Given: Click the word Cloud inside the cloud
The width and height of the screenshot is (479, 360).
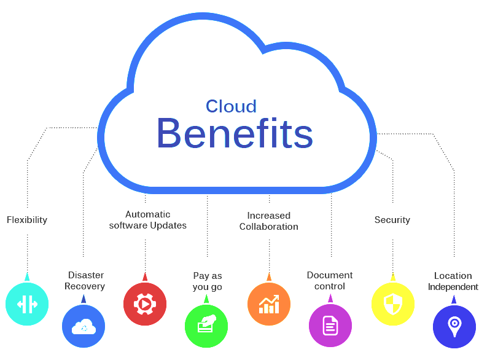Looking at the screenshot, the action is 231,106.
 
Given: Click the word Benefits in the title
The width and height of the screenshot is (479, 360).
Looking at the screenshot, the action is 235,133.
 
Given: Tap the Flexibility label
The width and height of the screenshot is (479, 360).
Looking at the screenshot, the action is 27,220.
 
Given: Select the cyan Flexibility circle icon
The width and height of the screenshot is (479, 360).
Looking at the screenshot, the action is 27,304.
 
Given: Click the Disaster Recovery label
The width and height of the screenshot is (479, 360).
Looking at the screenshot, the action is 85,281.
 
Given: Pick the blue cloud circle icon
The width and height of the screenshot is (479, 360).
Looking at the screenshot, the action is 84,326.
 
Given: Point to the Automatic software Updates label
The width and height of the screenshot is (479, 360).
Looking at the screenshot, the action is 148,220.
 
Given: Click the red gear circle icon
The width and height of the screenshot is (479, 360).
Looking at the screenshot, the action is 145,304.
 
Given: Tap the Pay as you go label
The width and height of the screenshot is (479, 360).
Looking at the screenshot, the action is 208,281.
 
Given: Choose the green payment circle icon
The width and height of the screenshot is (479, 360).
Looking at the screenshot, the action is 206,326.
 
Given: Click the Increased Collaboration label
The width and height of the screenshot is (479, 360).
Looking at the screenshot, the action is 269,221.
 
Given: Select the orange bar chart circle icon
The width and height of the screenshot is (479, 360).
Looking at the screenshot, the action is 269,304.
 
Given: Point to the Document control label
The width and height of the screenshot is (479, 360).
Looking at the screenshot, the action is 330,281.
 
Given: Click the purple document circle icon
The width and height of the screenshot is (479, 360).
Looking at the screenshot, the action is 330,326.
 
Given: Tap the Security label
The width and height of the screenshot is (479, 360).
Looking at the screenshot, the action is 392,220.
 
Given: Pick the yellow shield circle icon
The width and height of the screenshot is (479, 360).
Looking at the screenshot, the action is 393,304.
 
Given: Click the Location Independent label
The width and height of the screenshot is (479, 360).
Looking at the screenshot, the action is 453,281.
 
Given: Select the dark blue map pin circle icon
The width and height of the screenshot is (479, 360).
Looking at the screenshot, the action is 454,327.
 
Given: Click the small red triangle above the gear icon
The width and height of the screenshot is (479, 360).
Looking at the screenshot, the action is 145,277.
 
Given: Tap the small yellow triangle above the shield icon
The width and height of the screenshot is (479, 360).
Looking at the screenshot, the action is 393,277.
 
